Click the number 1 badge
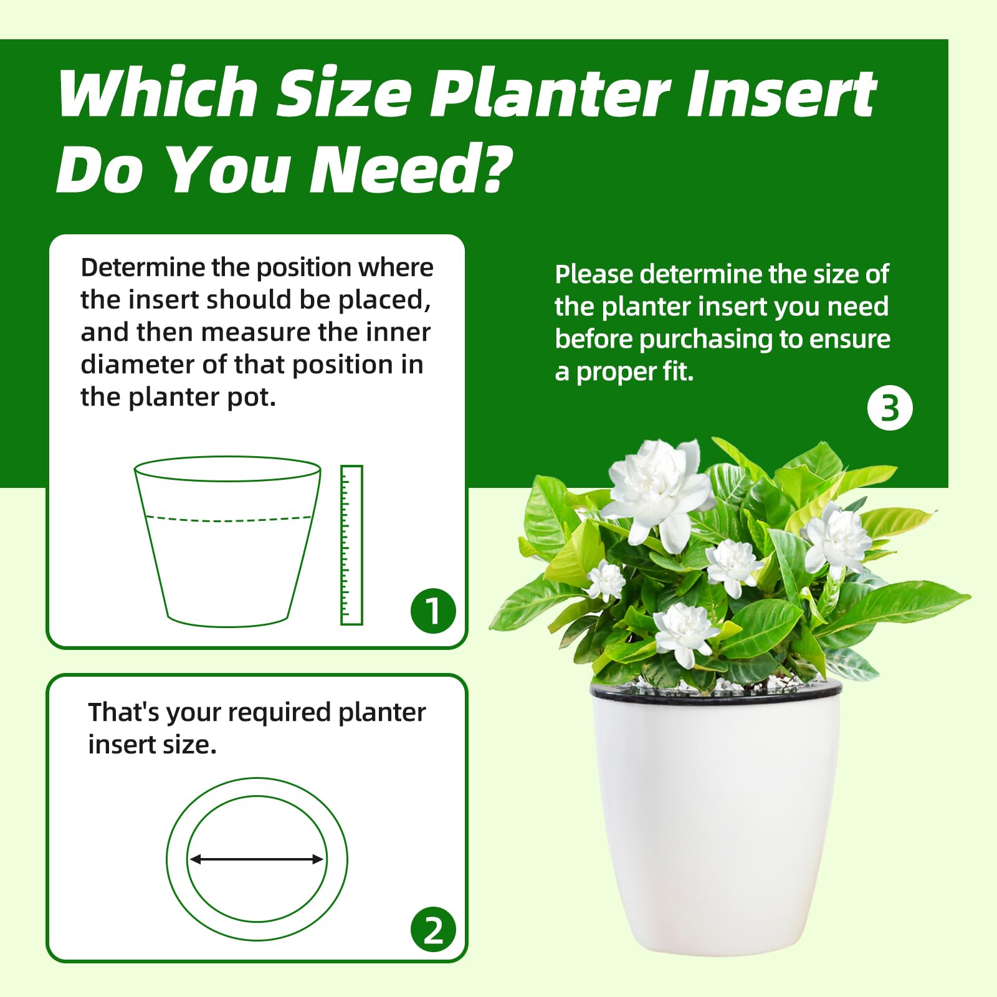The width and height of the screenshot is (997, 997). coord(433,611)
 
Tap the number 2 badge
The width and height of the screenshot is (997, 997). coord(433,930)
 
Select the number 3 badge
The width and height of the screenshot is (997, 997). coord(890,409)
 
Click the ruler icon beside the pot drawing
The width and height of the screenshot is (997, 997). coord(351,545)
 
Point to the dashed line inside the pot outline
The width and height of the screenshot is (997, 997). coord(228,518)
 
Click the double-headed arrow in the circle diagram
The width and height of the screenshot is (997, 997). coord(256,859)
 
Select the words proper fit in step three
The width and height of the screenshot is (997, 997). coord(635,372)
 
